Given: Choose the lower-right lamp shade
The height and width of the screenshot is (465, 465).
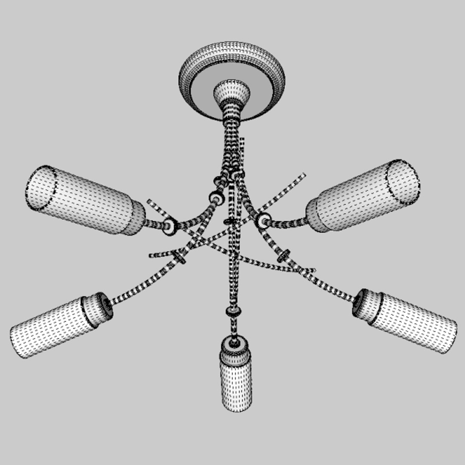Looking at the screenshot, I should point(411,321).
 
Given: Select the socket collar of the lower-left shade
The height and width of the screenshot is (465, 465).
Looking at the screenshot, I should point(98,308).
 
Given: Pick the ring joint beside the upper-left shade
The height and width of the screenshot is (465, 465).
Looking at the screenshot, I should point(170,226).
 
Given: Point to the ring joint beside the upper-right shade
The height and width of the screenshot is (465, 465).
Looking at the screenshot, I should point(263,220).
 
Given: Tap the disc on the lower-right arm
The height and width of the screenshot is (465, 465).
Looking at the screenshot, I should point(283,255).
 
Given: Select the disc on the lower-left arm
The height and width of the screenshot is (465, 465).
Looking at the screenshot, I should point(180,257).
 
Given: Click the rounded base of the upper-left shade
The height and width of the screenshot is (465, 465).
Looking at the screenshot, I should point(137,217).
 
